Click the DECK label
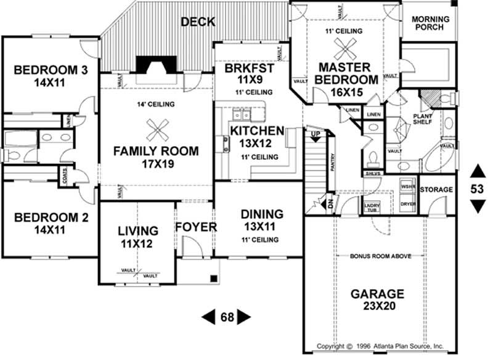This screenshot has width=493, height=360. (198, 22)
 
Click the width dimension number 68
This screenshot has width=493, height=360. (227, 317)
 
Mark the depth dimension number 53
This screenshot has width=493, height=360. (477, 189)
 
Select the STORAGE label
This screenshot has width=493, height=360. (436, 189)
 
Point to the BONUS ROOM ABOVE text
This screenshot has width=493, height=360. (381, 255)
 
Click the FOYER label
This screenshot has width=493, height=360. (196, 227)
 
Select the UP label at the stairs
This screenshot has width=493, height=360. (315, 134)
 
